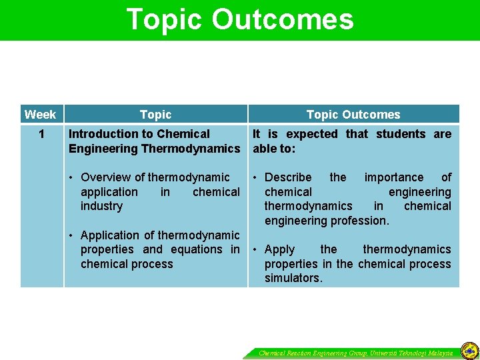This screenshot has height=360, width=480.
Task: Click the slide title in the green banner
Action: point(240,19)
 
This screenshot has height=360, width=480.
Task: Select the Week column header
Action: point(40,114)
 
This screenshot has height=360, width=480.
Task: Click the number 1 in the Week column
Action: point(41,134)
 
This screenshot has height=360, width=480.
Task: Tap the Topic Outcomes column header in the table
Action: point(353,115)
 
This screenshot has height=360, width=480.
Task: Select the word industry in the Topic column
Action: point(101,206)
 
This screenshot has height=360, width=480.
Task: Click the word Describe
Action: point(288,177)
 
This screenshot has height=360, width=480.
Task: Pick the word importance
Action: point(393,177)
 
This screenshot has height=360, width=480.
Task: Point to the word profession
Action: point(361,221)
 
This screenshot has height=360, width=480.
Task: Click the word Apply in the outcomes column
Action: point(279,249)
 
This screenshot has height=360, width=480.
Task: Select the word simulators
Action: point(293,278)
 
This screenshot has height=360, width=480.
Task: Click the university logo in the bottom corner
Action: point(469,350)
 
